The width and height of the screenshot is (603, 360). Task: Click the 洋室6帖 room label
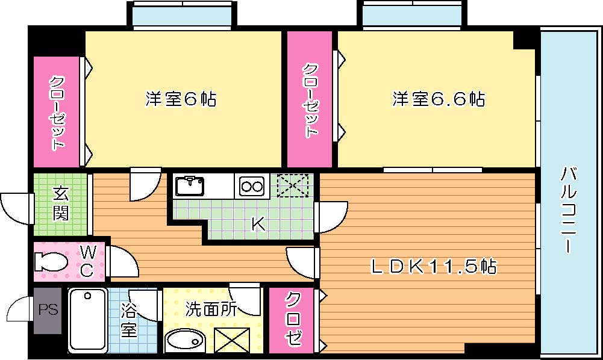coord(181,99)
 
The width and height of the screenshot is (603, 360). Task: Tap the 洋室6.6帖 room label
coord(439,99)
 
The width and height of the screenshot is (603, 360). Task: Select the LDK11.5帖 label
coord(433,265)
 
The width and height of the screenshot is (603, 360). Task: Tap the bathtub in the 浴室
coord(87,320)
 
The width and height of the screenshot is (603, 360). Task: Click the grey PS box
coord(48,310)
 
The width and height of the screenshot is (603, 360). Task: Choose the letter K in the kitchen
coord(258,224)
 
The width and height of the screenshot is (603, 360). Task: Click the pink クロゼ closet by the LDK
coord(292,320)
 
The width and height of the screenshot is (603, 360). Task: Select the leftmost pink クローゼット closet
coord(57,112)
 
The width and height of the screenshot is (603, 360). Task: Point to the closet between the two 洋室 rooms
coord(310,99)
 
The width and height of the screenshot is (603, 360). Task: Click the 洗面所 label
coord(211,309)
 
